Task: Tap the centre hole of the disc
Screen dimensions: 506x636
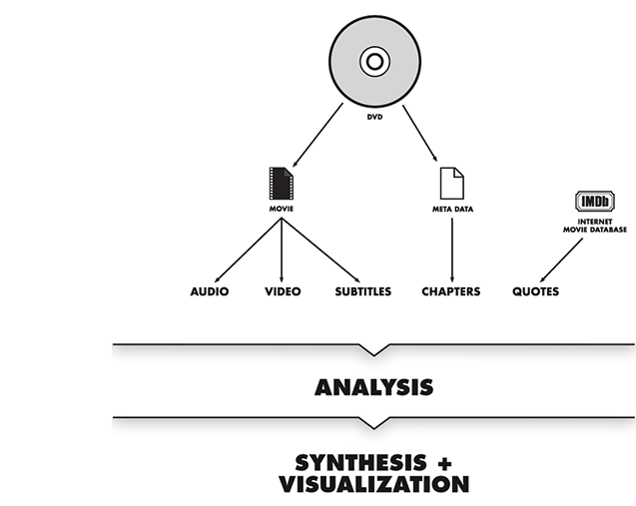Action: click(372, 63)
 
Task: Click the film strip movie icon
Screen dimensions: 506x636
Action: click(282, 185)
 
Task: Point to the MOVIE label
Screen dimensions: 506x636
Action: click(281, 211)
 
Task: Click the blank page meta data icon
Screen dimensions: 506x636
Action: click(452, 183)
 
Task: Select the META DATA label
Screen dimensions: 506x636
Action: click(452, 211)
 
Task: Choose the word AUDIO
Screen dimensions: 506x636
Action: click(210, 292)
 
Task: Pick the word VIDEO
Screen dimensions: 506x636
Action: click(283, 292)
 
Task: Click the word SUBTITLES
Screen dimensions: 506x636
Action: click(363, 292)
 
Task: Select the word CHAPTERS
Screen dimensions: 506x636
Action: click(450, 292)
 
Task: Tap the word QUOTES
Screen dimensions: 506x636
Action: click(535, 292)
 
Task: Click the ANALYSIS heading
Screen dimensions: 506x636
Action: click(374, 385)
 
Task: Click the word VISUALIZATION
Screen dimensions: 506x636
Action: click(374, 485)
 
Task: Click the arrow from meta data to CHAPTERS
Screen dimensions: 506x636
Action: click(452, 250)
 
